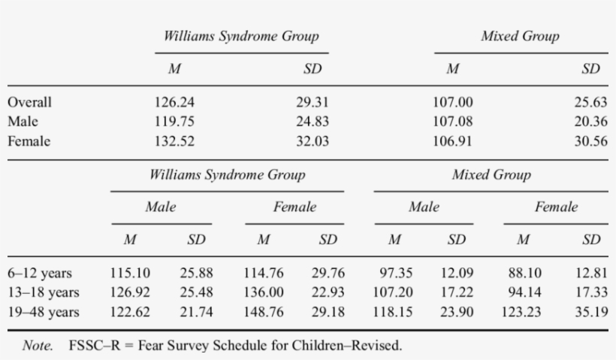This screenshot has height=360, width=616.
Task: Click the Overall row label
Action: click(30, 103)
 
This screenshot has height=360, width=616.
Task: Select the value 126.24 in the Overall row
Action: click(174, 103)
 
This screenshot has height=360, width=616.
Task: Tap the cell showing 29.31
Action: click(312, 103)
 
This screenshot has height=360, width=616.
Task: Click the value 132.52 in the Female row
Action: click(174, 139)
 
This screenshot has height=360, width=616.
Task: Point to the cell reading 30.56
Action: click(590, 139)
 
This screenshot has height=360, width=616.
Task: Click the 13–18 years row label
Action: click(43, 292)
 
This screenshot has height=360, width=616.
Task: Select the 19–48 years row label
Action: click(43, 310)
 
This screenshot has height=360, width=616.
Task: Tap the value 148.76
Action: click(263, 310)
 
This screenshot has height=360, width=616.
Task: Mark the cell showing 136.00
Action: click(263, 292)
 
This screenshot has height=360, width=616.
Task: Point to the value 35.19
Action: click(590, 310)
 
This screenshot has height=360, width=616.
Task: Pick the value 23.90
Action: click(456, 310)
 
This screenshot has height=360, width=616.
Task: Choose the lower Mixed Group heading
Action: click(491, 175)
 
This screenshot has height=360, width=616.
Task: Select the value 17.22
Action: click(456, 292)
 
